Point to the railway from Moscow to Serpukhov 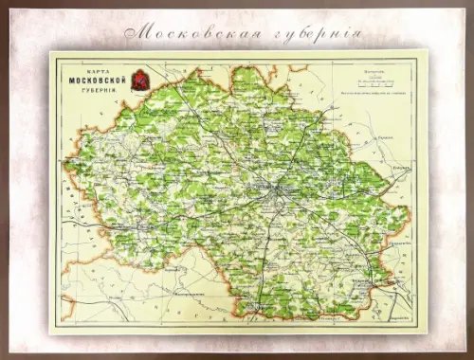[269, 251]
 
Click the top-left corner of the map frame [50, 52]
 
